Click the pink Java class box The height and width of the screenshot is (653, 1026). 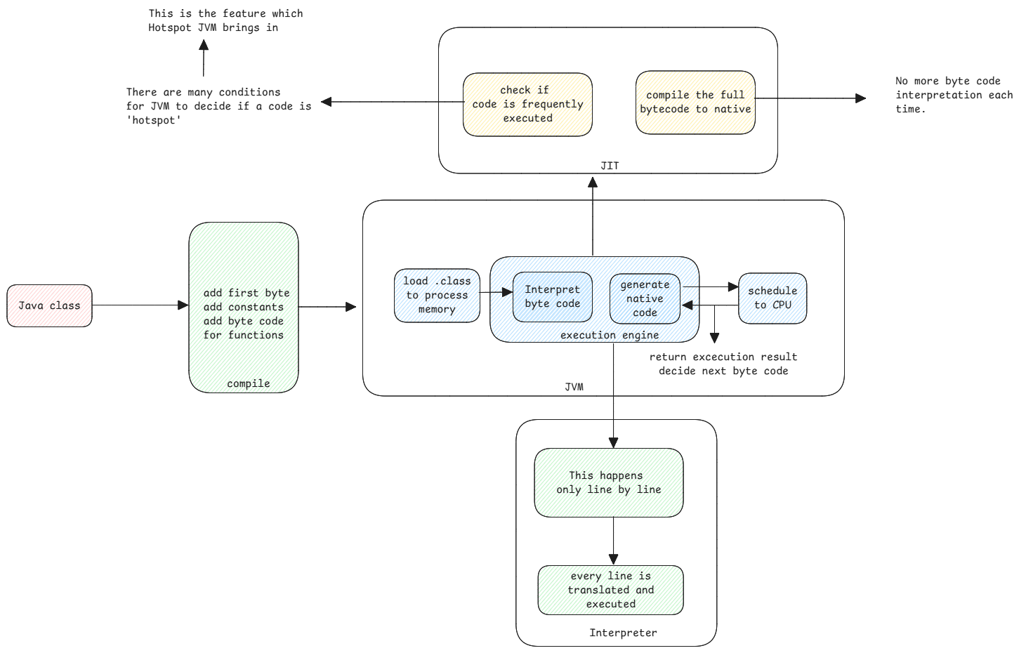point(49,305)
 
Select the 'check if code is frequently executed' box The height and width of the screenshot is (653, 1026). point(527,104)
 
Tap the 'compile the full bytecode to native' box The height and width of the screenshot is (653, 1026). point(695,103)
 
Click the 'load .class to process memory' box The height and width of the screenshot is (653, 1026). point(437,295)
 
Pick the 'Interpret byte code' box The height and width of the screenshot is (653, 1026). point(552,296)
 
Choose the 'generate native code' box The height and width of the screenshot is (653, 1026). point(645,298)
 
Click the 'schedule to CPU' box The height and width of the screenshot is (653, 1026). point(772,298)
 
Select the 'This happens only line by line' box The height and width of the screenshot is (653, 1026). point(608,482)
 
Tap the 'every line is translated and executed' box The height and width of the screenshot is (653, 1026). point(610,590)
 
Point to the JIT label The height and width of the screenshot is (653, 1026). point(610,166)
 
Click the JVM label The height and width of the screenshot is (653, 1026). point(574,387)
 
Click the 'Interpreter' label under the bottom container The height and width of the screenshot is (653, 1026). point(623,633)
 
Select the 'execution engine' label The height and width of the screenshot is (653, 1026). point(609,335)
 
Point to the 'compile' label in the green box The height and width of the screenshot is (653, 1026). point(248,383)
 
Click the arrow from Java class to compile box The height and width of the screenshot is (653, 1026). point(140,305)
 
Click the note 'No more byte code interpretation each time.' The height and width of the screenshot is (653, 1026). point(954,95)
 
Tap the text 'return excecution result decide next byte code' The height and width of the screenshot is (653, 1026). point(723,364)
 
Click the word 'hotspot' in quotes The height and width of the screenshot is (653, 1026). point(154,120)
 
